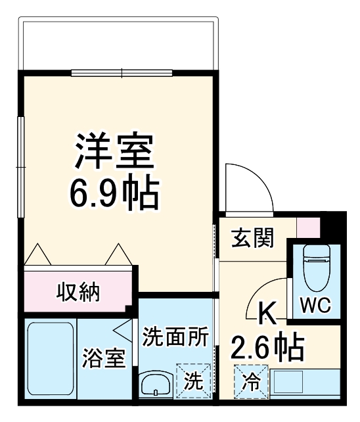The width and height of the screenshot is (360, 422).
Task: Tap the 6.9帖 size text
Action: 114,191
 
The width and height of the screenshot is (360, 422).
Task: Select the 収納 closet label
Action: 77,291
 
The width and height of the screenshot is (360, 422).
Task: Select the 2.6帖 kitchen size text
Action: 265,346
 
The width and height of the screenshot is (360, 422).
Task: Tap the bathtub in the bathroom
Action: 50,358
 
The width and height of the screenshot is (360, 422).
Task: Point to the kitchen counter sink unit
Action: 303,382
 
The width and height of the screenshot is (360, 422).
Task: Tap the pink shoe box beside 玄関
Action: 307,227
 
